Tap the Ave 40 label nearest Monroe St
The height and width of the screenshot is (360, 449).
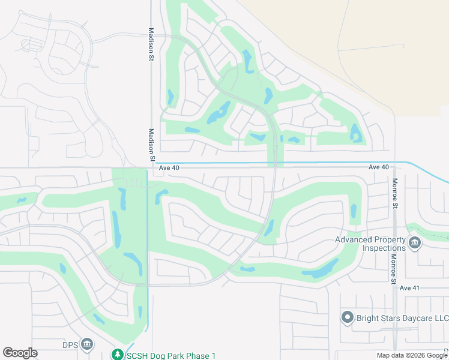(x=379, y=167)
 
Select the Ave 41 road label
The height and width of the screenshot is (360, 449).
(x=409, y=288)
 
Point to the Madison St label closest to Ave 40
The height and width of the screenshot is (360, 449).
(x=151, y=144)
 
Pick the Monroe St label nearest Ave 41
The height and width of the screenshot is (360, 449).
(x=394, y=269)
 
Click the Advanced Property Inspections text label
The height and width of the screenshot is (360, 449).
(x=370, y=244)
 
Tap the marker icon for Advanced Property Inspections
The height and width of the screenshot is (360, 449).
(x=414, y=244)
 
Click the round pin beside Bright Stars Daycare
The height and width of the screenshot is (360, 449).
(x=347, y=317)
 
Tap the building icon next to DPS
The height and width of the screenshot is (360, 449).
(x=87, y=344)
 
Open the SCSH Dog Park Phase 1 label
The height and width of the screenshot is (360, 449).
(x=171, y=356)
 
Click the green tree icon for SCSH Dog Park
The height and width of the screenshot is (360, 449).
(x=118, y=355)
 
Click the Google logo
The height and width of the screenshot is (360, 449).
(x=20, y=353)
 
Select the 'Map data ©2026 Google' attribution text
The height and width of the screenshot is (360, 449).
(x=411, y=355)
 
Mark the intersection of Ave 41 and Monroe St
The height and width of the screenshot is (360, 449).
(x=394, y=288)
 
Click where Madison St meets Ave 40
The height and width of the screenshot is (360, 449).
(x=150, y=168)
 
